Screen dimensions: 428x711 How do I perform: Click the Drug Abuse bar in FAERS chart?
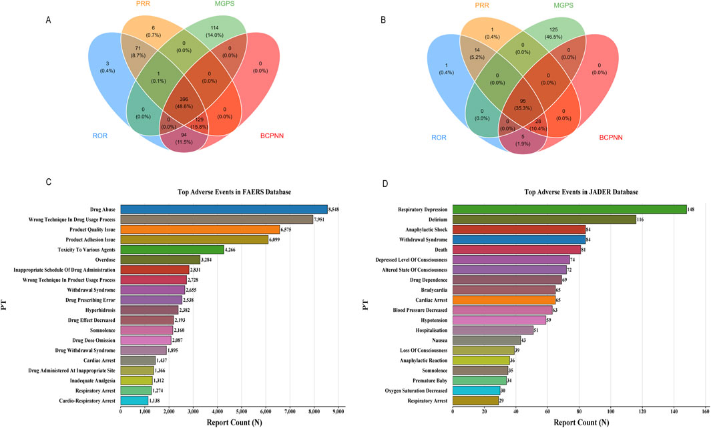pyautogui.click(x=224, y=209)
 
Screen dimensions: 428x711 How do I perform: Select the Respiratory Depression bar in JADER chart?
pyautogui.click(x=569, y=209)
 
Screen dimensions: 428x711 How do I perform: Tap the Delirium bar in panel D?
pyautogui.click(x=544, y=219)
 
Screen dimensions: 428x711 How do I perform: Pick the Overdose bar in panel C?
pyautogui.click(x=160, y=259)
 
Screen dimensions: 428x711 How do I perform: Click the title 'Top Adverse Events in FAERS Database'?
pyautogui.click(x=234, y=192)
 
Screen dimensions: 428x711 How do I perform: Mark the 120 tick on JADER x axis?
pyautogui.click(x=642, y=413)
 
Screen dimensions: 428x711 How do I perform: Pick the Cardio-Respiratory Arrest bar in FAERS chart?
pyautogui.click(x=134, y=401)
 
